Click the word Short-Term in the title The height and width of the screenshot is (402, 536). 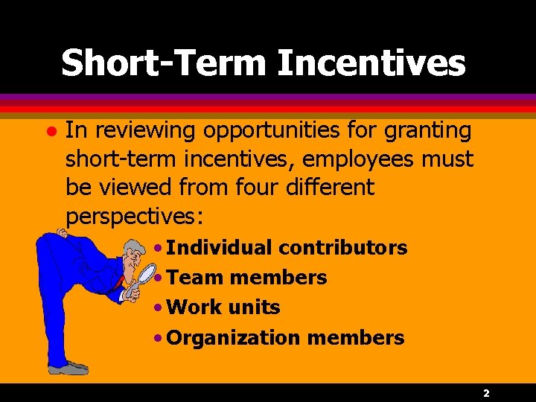[x=164, y=63]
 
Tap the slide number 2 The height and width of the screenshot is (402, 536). [x=485, y=392]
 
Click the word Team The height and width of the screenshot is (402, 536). [x=195, y=278]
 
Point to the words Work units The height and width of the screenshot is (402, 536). [x=223, y=307]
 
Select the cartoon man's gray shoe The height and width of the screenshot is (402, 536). [x=68, y=368]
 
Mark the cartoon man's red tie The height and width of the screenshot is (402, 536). [x=119, y=283]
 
